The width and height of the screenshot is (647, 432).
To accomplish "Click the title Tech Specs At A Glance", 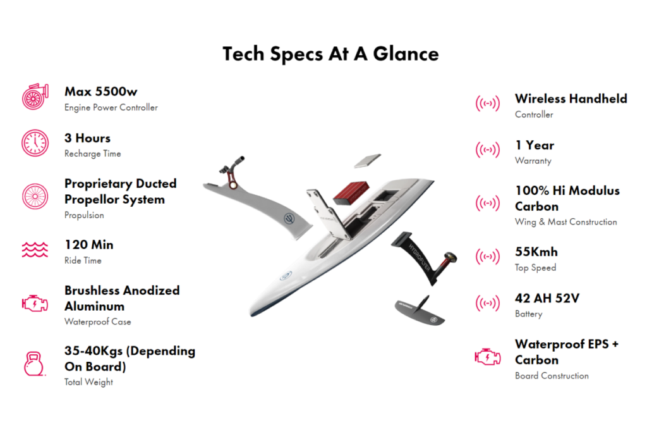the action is [330, 54].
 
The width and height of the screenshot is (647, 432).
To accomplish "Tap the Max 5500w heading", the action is [100, 91].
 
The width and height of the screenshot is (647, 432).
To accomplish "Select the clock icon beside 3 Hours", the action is [35, 143].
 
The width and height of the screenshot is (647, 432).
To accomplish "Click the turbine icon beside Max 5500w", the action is [35, 97].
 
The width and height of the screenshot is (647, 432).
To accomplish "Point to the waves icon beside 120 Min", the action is [35, 249].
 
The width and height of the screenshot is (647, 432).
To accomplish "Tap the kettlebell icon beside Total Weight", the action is [34, 364].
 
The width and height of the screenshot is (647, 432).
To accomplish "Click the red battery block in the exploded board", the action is [351, 192].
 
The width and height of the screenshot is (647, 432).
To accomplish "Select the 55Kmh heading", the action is [536, 252].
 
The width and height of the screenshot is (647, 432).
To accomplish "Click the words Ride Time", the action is [83, 261].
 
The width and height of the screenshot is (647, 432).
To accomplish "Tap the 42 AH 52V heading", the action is [547, 298].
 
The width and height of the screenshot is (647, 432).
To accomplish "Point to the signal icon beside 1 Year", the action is [487, 149].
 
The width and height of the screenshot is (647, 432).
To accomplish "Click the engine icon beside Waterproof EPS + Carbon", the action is [487, 357].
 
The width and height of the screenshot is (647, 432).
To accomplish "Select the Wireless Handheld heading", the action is [571, 99].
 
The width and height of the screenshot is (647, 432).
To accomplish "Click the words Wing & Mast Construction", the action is [565, 222].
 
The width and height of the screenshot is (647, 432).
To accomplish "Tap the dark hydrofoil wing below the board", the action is [420, 311].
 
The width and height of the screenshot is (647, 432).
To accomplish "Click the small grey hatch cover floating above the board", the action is [367, 161].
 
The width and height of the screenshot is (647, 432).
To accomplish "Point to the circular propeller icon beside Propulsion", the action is [35, 196].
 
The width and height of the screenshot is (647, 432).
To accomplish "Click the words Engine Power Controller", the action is [111, 108].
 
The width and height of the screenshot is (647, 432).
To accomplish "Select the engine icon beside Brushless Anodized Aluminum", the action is [35, 304].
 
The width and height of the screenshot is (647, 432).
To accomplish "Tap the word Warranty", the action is [533, 161].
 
